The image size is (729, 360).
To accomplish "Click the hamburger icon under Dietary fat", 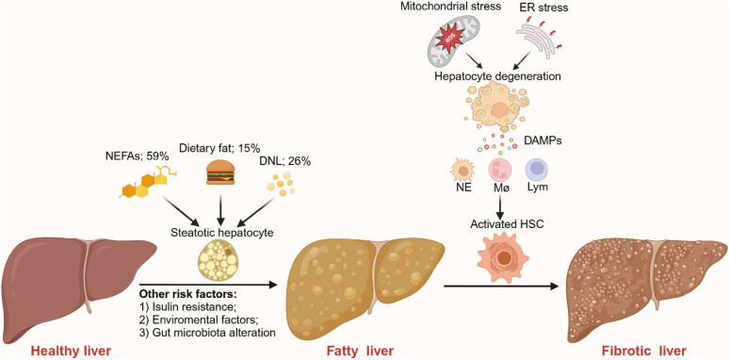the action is pos(220,173).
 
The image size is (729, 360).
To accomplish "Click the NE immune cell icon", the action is pos(463,172).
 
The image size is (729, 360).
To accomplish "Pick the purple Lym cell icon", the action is pos(538,172).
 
